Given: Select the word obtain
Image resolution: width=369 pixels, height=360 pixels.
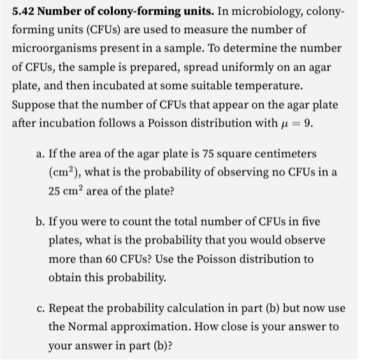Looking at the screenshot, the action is point(66,277).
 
